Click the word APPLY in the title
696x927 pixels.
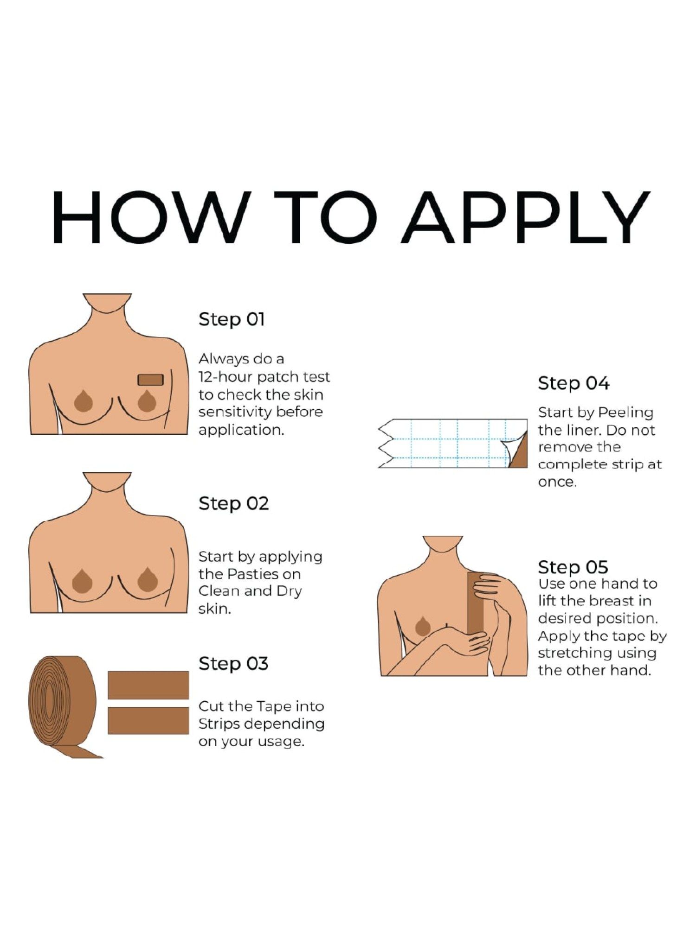(x=525, y=217)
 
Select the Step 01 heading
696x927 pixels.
(x=232, y=320)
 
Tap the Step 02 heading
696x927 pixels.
(x=234, y=504)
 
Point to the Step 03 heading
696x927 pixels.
(x=233, y=664)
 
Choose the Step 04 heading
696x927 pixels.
(x=574, y=384)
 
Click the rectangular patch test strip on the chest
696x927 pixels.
(x=150, y=380)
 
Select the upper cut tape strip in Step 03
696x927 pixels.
(x=148, y=685)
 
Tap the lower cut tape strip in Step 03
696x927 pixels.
(x=148, y=721)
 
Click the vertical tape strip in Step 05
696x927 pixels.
(x=476, y=603)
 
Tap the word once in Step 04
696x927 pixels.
(x=557, y=483)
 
